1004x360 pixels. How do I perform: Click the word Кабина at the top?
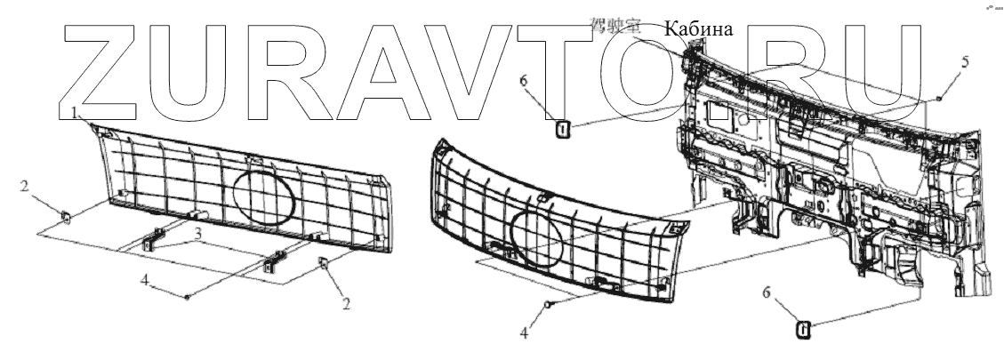click(x=697, y=29)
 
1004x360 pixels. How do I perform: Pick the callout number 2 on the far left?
click(x=27, y=188)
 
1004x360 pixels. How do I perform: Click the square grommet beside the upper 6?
click(x=562, y=130)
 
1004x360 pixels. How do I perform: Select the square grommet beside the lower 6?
click(x=803, y=330)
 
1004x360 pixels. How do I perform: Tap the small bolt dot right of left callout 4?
click(x=187, y=297)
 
